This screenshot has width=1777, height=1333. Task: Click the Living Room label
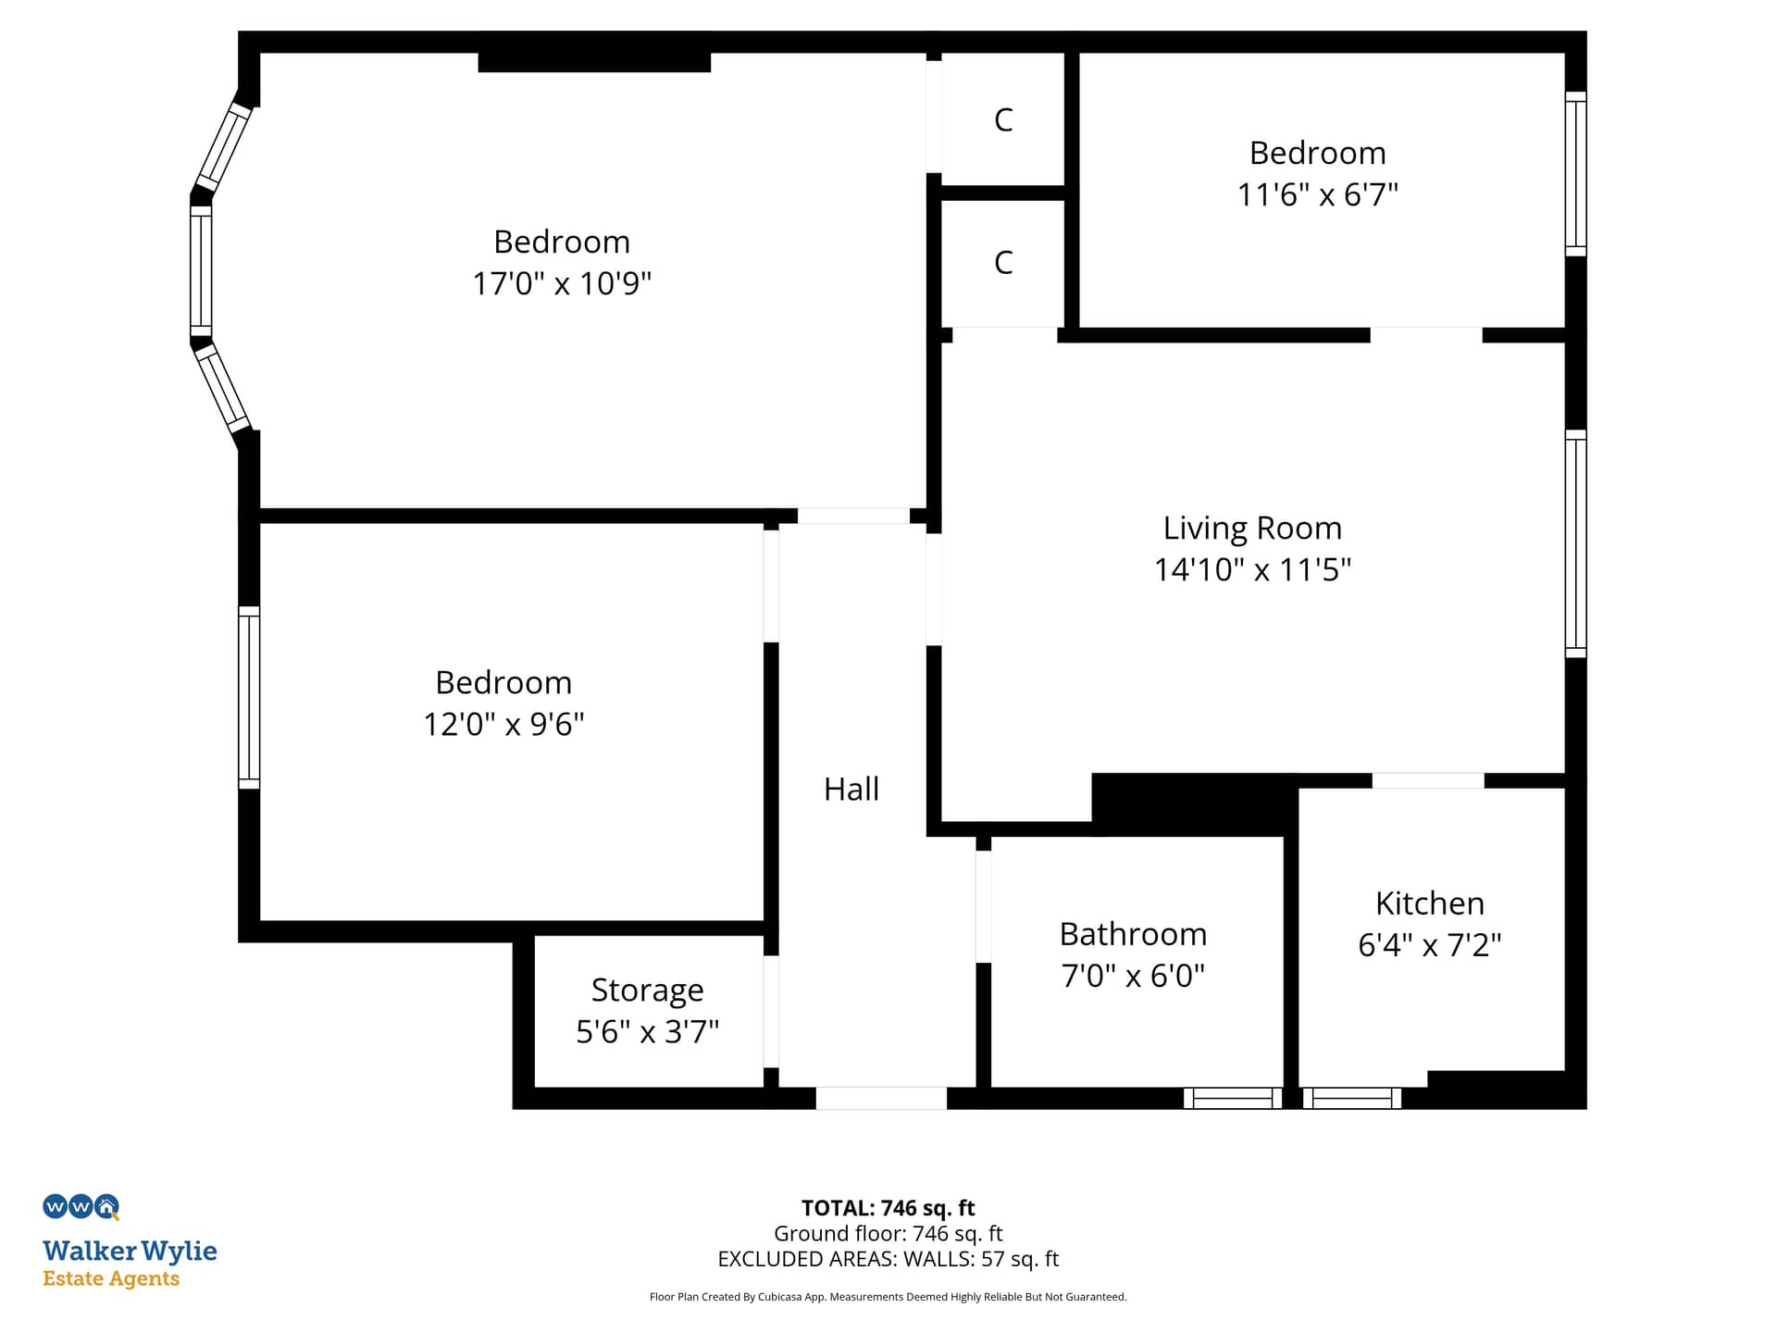(x=1252, y=528)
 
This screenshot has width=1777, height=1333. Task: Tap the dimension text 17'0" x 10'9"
(x=562, y=283)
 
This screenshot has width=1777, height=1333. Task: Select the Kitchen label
(x=1430, y=903)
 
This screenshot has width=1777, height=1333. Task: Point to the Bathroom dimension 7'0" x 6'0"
(x=1133, y=976)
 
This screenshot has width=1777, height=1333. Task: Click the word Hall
(x=851, y=789)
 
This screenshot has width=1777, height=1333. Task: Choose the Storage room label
(x=648, y=990)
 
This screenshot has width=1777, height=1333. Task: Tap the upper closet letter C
(x=1003, y=119)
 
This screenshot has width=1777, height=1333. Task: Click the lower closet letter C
(x=1003, y=262)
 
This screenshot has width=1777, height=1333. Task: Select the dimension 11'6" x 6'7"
(x=1318, y=194)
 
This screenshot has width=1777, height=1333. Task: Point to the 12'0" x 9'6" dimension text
(x=503, y=724)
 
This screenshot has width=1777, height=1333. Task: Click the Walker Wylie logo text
(x=130, y=1251)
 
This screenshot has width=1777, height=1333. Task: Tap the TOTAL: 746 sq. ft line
(x=888, y=1208)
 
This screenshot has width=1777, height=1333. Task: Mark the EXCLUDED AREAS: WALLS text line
(x=888, y=1259)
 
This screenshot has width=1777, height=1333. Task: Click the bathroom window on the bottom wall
(x=1233, y=1099)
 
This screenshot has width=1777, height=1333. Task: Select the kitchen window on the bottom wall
(x=1352, y=1099)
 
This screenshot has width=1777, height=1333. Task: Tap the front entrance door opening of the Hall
(x=881, y=1098)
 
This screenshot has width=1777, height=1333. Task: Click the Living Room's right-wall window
(x=1575, y=543)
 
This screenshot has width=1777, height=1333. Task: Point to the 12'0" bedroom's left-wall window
(x=249, y=697)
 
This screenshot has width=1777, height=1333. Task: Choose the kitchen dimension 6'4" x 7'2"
(x=1430, y=945)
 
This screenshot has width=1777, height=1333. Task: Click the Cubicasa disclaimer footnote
(x=888, y=1297)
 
